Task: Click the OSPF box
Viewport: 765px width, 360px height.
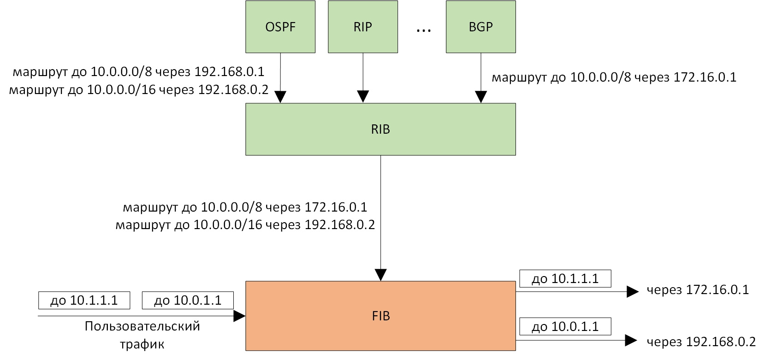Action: tap(280, 27)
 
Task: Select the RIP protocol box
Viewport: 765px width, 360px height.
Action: tap(363, 27)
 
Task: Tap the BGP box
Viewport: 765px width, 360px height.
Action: tap(480, 27)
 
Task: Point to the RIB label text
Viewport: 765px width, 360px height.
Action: tap(380, 130)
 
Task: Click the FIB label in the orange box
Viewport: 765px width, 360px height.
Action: tap(381, 316)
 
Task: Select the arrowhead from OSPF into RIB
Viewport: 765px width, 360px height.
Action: tap(280, 97)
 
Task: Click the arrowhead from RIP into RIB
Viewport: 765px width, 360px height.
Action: tap(363, 97)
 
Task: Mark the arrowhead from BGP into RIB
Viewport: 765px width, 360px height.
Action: tap(481, 97)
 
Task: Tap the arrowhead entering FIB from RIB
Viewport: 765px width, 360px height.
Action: tap(380, 275)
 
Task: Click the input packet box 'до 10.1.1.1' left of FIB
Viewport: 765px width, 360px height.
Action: tap(84, 301)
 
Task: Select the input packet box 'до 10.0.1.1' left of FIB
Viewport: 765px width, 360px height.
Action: tap(188, 301)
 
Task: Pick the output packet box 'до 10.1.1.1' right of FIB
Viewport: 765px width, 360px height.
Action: tap(565, 279)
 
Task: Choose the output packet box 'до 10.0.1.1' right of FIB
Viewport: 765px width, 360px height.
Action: tap(565, 327)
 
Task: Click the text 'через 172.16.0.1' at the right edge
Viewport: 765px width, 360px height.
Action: tap(697, 290)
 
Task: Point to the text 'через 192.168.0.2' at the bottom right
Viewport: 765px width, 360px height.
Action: tap(701, 342)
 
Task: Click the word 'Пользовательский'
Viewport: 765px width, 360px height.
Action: tap(142, 326)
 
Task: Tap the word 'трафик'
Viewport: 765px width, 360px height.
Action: tap(142, 344)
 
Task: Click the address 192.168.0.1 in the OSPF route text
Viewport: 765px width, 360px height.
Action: tap(229, 72)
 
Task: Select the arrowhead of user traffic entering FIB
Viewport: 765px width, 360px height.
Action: tap(239, 316)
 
